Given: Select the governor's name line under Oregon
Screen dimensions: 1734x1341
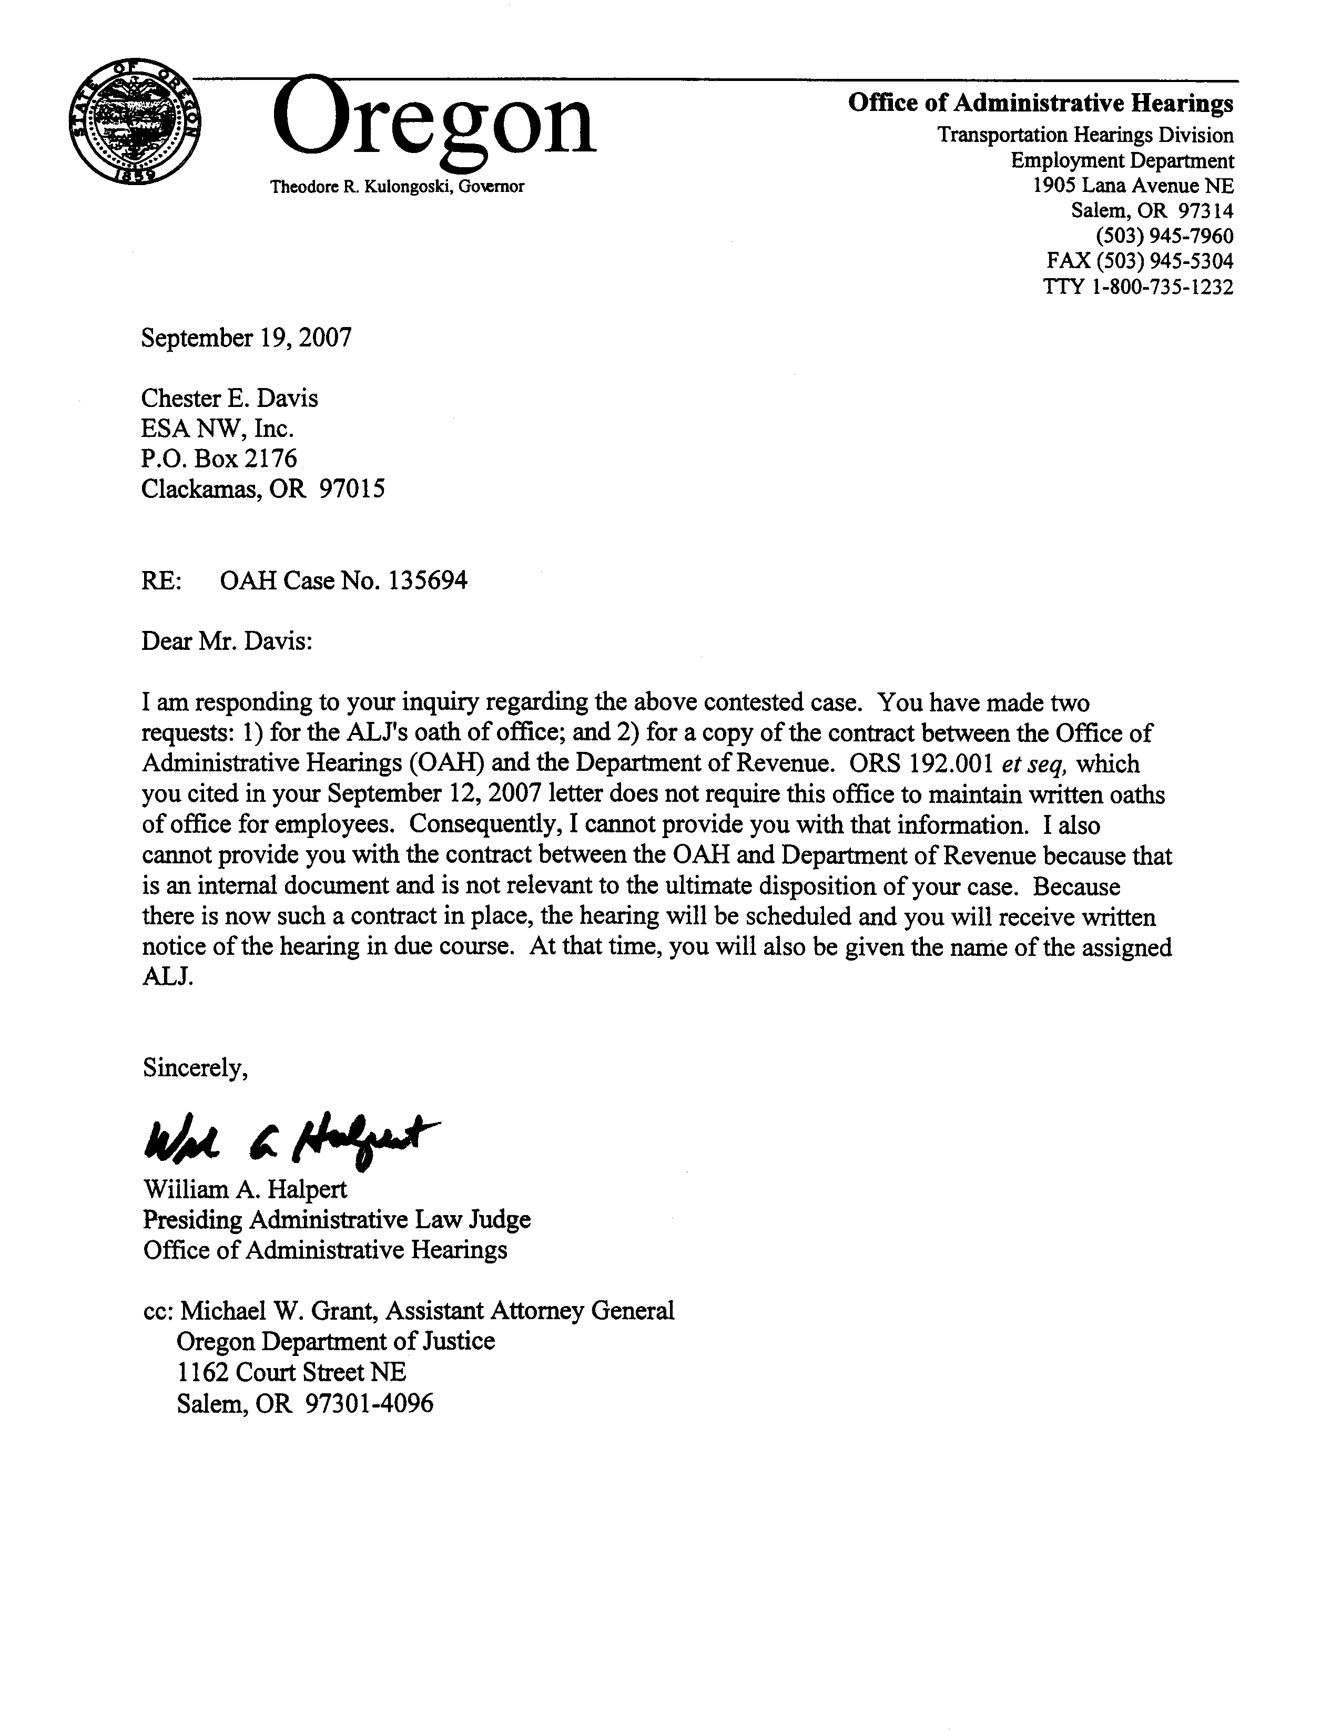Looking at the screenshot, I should tap(397, 187).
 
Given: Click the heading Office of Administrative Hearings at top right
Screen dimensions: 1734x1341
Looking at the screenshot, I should tap(1041, 103).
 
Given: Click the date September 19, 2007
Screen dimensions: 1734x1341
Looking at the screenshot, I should tap(246, 338).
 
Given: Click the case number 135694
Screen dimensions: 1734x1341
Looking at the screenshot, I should tap(428, 582).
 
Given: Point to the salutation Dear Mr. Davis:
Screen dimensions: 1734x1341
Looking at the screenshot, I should tap(227, 641).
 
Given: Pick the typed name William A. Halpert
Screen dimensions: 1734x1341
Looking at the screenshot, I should tap(246, 1189).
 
